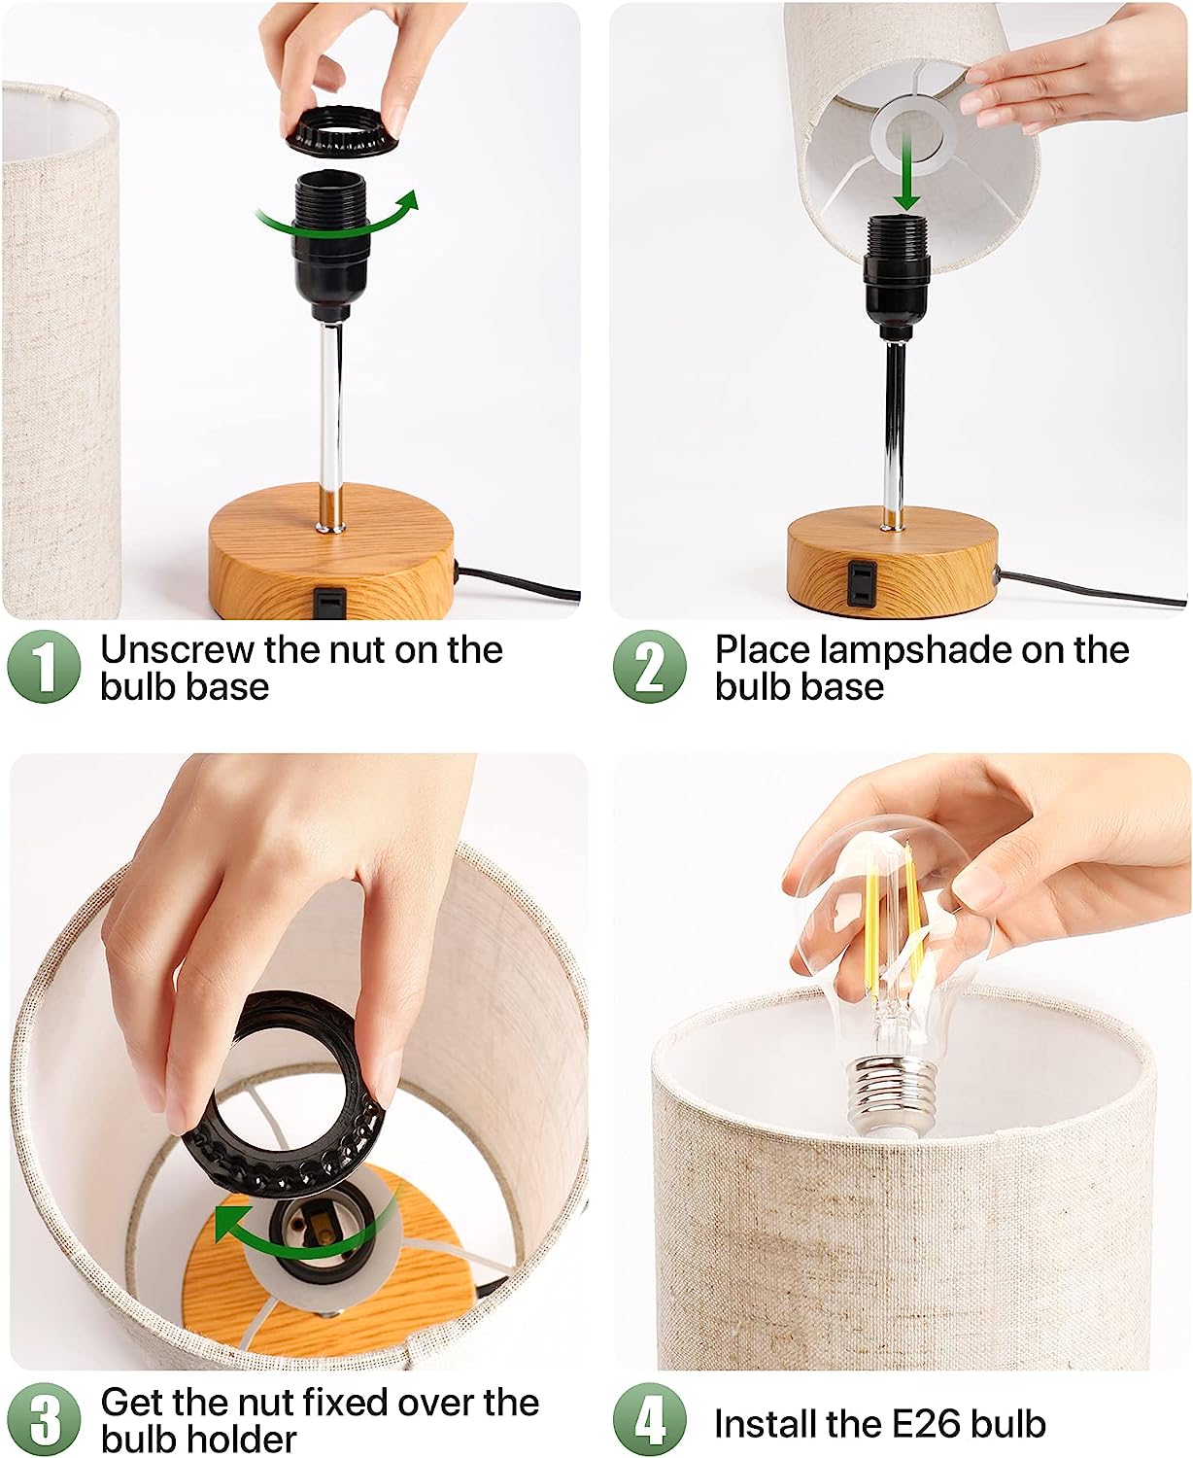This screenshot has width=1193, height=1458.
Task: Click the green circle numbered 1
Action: (x=45, y=667)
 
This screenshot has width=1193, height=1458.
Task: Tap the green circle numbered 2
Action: (x=650, y=667)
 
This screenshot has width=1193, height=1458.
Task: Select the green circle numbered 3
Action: (x=45, y=1419)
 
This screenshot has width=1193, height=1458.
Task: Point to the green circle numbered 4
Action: (x=650, y=1419)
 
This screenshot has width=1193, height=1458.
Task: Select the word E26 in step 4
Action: (x=927, y=1423)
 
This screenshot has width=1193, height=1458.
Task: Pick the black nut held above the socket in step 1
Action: (x=341, y=130)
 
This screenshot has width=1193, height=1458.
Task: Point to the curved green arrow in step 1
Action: (x=339, y=216)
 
